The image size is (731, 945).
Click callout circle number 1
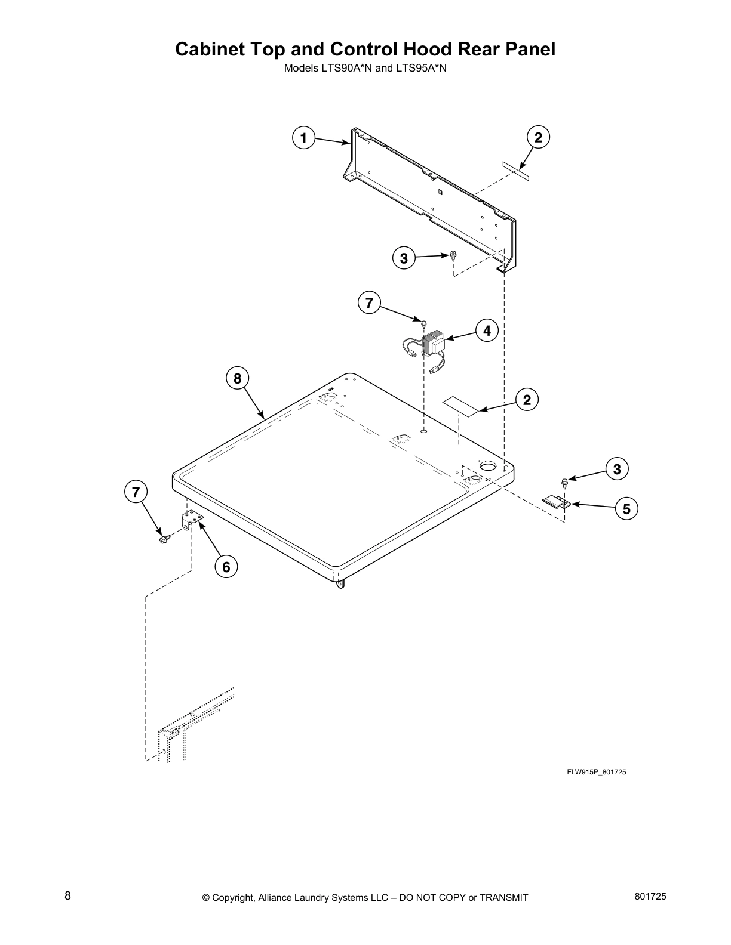(x=303, y=138)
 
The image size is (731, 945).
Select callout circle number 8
(x=237, y=378)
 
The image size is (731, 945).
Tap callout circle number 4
(x=487, y=330)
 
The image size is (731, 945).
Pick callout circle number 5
(x=626, y=509)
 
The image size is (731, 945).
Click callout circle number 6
(x=226, y=567)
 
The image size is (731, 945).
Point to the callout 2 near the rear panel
(x=538, y=138)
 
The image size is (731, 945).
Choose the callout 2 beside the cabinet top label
(x=527, y=399)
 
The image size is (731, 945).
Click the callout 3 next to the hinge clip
(x=617, y=469)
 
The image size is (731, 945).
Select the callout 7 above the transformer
(x=369, y=303)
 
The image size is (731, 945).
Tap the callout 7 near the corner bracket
(x=136, y=492)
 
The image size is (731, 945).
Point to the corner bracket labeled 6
(x=191, y=520)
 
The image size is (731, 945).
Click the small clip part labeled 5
(x=556, y=502)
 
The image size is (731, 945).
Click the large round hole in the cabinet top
(x=489, y=465)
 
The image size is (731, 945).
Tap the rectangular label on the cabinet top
(x=461, y=405)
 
